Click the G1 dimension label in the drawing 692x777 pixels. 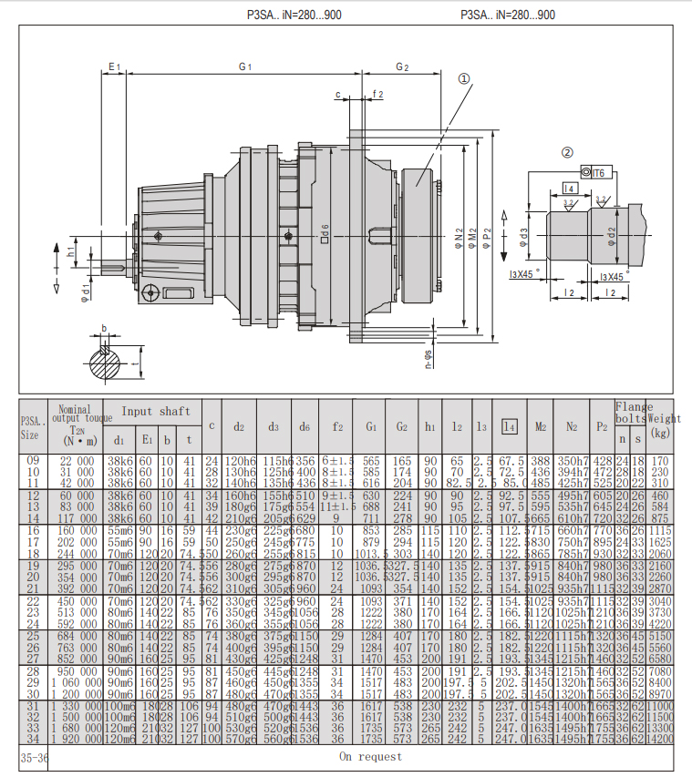coord(244,67)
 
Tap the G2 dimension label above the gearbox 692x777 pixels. coord(402,67)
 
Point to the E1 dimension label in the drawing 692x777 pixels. coord(114,67)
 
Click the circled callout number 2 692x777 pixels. coord(567,153)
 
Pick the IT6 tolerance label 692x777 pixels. coord(598,172)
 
